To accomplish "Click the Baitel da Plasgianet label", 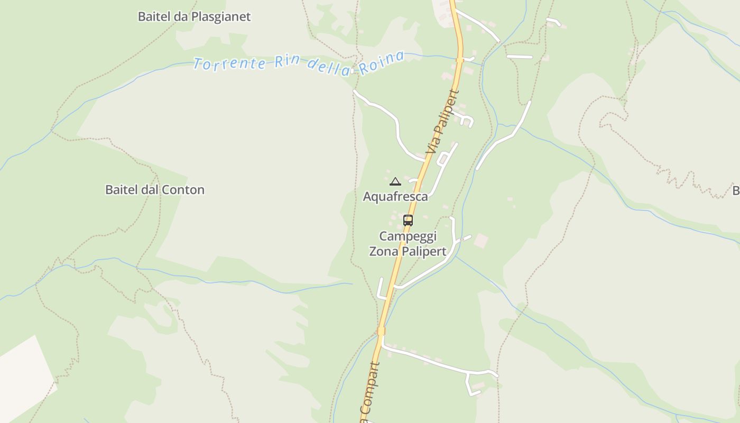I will coord(194,17).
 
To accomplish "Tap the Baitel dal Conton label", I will coord(155,190).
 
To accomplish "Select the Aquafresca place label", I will coord(395,197).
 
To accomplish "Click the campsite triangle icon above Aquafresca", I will coord(395,182).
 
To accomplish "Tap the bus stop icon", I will coord(408,220).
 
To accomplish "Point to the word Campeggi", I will coord(408,236).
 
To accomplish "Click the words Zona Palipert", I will coord(408,252).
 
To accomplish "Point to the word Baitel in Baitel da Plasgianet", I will coord(155,17).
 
